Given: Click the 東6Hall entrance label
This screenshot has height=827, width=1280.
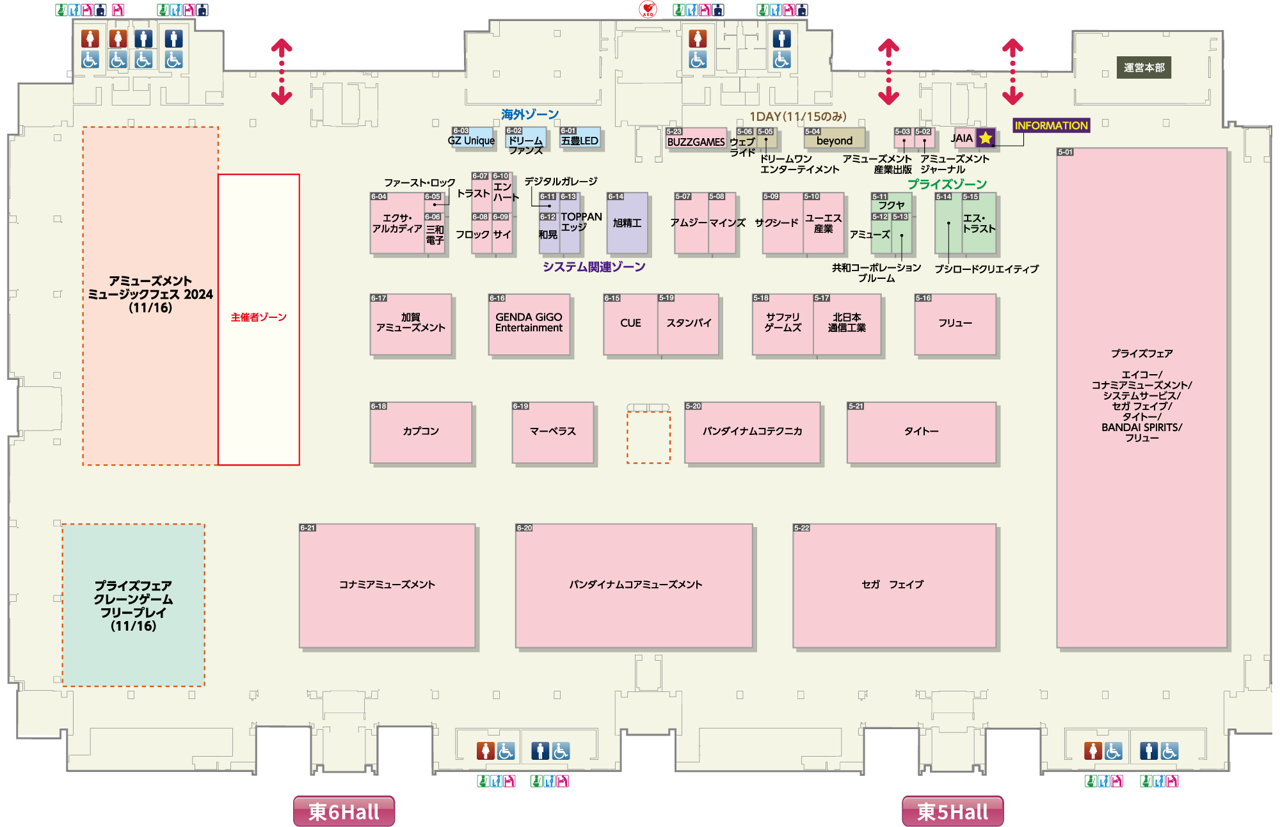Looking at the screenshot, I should (344, 811).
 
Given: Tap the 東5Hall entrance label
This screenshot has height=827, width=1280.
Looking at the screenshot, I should (952, 811).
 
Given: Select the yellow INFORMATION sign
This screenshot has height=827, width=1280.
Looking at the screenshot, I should (1051, 125).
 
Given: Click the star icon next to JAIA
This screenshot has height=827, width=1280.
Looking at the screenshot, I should (986, 138).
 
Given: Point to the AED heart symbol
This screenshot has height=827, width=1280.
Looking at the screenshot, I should (648, 10).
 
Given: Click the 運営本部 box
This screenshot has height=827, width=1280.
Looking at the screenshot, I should (1144, 68).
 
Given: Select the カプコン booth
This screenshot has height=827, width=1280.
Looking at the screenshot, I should (420, 432).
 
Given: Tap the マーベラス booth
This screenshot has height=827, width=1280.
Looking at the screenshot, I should (553, 432).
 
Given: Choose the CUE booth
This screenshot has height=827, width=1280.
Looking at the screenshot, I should (630, 324).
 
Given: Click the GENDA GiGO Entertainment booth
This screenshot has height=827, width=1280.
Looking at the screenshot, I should (529, 324).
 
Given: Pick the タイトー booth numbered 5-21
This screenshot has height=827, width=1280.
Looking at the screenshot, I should (922, 432).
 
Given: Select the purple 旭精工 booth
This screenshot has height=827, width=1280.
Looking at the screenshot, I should (627, 224).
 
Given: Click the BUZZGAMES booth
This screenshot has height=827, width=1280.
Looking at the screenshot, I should (696, 141).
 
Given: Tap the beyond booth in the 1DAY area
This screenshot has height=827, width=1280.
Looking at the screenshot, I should (835, 141).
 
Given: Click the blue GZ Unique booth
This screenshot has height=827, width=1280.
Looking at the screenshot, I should (472, 141).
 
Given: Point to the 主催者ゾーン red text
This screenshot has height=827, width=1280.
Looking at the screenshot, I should (259, 317).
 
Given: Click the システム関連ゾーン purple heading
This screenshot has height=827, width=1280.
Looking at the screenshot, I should (594, 267).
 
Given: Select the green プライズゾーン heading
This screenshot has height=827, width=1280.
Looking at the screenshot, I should (947, 184).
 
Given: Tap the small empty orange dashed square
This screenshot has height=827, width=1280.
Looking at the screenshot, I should (648, 437).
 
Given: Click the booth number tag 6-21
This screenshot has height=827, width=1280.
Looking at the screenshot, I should (308, 528).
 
